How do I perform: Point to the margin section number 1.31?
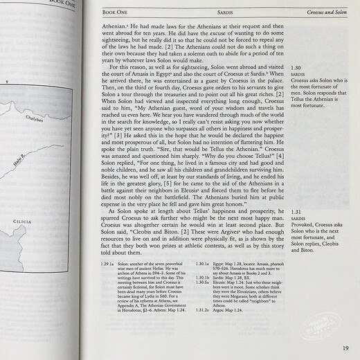pyautogui.click(x=298, y=211)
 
